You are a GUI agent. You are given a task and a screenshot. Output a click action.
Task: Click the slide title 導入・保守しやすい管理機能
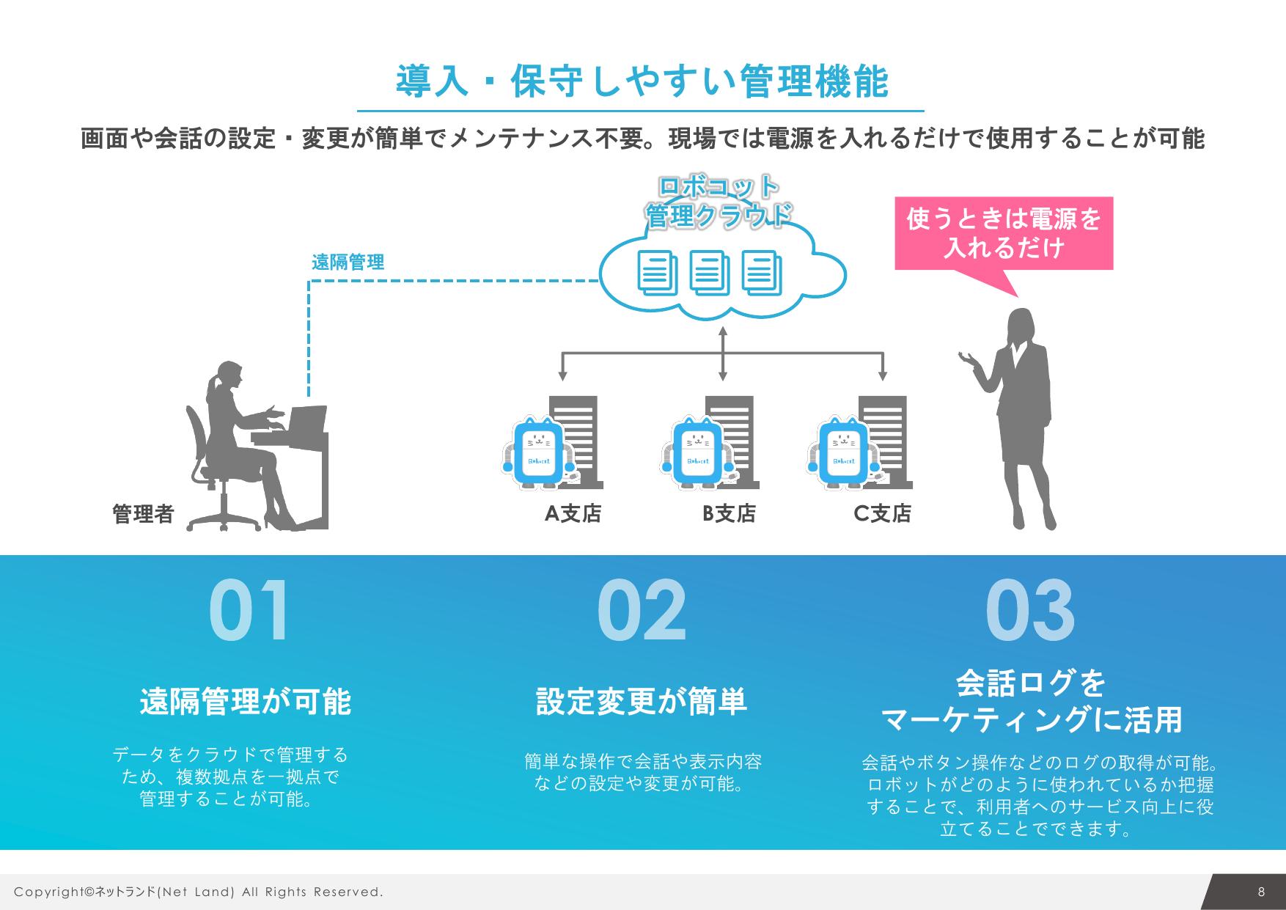[x=642, y=82]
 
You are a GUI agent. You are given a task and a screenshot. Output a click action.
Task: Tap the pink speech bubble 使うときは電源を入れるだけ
[x=1004, y=233]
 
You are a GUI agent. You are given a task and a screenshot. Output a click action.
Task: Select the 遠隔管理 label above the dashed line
[x=348, y=263]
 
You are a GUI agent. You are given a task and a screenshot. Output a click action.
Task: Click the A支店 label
[x=573, y=513]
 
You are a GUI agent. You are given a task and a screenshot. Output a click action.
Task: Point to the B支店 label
[x=729, y=513]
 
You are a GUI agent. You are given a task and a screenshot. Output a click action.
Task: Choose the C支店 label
[x=882, y=513]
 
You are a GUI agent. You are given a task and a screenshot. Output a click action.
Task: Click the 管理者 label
[x=143, y=514]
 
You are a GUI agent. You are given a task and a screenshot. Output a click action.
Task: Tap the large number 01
[x=249, y=612]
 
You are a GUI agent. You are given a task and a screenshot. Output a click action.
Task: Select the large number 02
[x=642, y=612]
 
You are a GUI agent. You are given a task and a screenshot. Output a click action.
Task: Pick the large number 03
[x=1030, y=612]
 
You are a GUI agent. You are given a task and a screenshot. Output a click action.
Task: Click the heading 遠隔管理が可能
[x=246, y=702]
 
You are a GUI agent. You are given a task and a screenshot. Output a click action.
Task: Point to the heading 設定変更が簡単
[x=642, y=702]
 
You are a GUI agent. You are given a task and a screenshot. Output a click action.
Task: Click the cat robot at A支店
[x=537, y=452]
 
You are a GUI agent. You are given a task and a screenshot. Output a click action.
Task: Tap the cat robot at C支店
[x=844, y=452]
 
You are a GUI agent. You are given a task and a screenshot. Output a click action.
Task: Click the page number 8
[x=1261, y=892]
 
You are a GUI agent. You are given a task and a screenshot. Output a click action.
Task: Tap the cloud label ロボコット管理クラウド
[x=719, y=202]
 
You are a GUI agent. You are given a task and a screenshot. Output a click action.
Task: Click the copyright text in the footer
[x=199, y=892]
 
